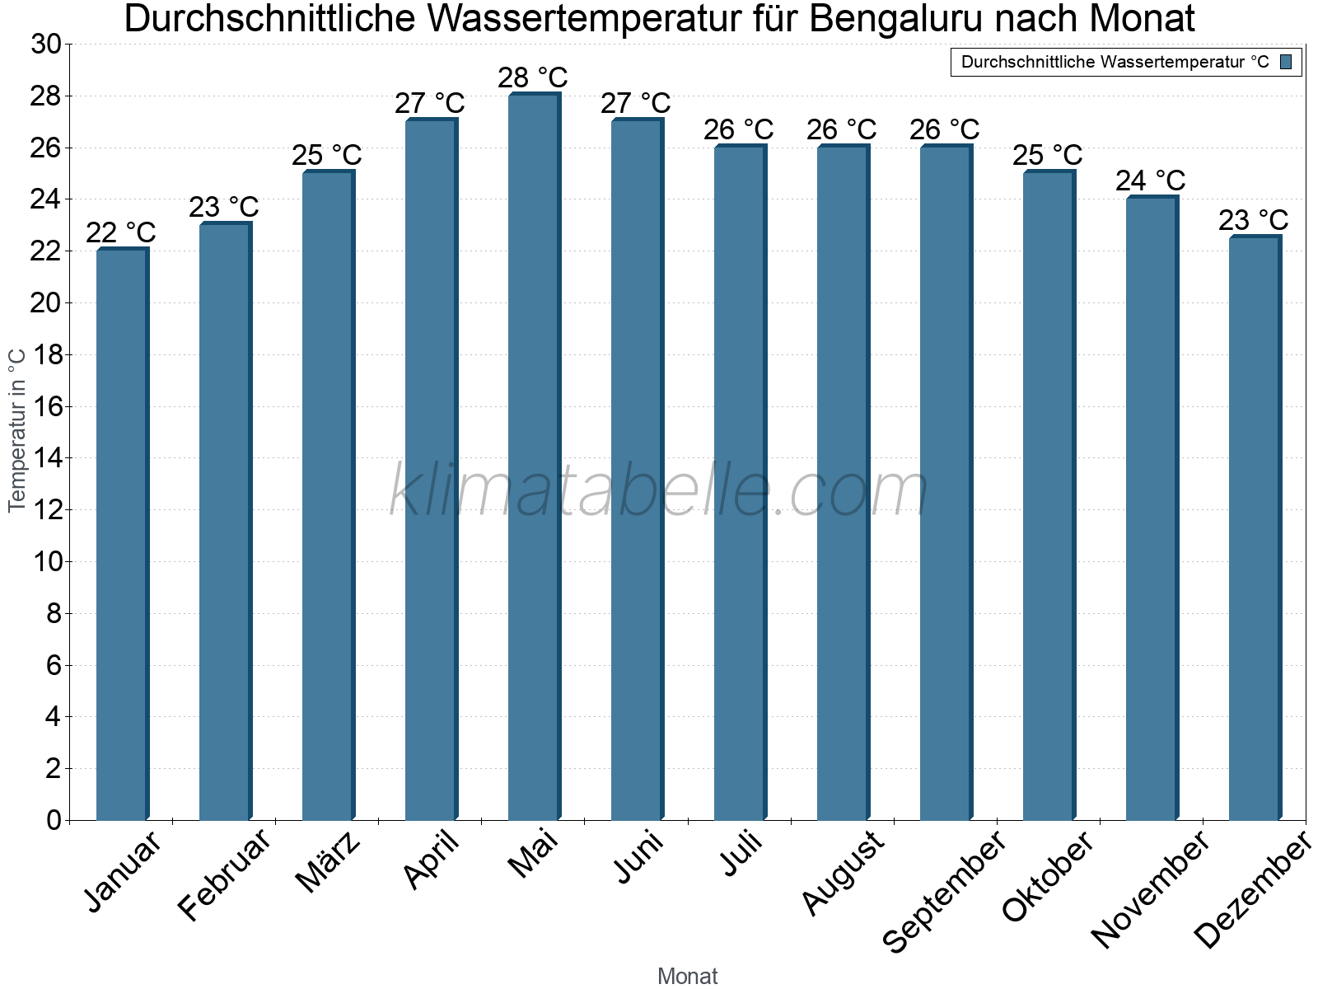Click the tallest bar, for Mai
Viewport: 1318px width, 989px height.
coord(534,457)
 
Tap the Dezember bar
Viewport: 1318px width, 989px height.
coord(1255,527)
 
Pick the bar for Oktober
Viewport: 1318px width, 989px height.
coord(1049,494)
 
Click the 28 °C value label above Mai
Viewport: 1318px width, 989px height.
coord(533,77)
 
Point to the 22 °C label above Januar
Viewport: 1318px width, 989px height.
coord(121,232)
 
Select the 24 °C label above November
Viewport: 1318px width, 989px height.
coord(1151,180)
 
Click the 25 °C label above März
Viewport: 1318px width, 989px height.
coord(327,155)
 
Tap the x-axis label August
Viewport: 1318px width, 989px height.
coord(843,874)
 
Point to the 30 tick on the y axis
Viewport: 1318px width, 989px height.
coord(46,45)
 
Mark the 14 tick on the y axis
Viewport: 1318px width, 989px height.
coord(46,458)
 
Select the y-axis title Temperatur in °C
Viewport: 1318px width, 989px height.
coord(17,429)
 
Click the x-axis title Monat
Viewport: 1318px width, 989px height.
coord(688,977)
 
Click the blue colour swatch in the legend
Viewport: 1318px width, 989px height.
coord(1286,62)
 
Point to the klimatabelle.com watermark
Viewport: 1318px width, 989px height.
coord(659,490)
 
